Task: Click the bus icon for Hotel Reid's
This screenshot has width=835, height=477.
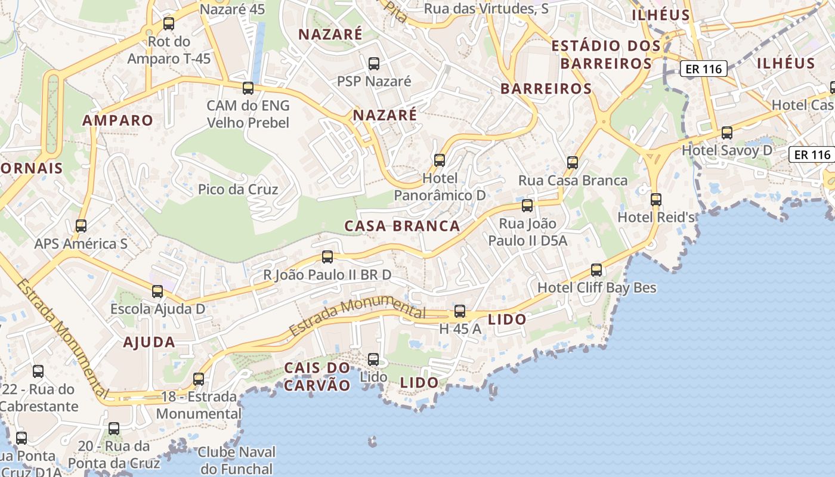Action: [656, 200]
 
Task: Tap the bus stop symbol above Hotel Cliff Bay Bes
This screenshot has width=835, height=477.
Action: [596, 270]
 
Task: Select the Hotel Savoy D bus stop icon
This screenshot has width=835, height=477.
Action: [726, 133]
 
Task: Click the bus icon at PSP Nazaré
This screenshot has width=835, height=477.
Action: [374, 64]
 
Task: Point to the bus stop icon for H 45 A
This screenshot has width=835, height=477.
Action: [459, 311]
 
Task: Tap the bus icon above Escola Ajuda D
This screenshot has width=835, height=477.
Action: [157, 292]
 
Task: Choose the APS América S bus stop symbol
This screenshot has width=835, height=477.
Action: [81, 226]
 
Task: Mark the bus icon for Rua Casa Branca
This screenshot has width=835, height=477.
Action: [573, 163]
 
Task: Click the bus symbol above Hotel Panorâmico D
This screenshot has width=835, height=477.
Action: [440, 160]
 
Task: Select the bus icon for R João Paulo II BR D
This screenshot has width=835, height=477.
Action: [327, 257]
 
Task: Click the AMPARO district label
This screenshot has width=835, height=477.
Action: [117, 120]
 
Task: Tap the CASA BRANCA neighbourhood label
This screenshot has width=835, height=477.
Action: [403, 226]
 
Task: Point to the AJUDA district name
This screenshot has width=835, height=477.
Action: [149, 342]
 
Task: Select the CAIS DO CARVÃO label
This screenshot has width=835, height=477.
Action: [317, 376]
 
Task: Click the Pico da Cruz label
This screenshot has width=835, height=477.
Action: [238, 190]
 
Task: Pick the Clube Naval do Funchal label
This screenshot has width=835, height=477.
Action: [236, 461]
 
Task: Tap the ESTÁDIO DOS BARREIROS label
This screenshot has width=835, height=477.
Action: [606, 54]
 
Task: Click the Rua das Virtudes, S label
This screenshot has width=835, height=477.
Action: [486, 9]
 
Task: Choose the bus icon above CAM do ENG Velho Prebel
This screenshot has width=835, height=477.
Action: [248, 88]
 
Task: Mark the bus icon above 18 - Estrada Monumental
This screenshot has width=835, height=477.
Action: [199, 379]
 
